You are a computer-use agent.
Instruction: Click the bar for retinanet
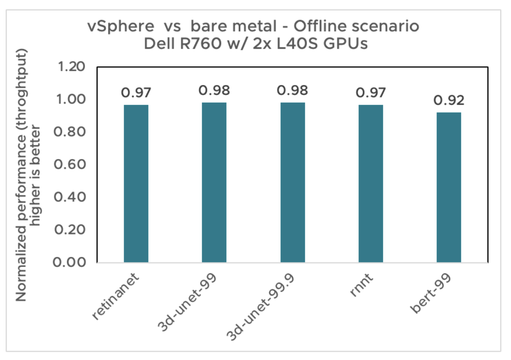136,184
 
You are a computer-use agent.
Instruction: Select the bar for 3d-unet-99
214,182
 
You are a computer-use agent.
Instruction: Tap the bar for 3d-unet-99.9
293,182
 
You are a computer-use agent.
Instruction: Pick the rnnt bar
371,184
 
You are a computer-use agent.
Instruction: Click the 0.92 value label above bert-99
449,100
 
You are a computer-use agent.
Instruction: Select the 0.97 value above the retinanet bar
136,93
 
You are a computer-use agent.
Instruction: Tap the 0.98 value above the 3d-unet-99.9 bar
293,90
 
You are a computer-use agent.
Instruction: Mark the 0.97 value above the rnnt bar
371,93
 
